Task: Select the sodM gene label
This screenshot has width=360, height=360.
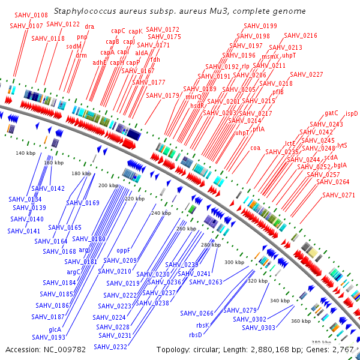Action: tap(74, 46)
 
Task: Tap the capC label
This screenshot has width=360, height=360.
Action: tap(118, 31)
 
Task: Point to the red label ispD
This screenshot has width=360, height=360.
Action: tap(352, 113)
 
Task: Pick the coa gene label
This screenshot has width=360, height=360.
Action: tap(255, 148)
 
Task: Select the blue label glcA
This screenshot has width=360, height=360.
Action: tap(55, 329)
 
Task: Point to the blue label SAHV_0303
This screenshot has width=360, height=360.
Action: tap(259, 328)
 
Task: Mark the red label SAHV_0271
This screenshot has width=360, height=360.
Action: tap(338, 195)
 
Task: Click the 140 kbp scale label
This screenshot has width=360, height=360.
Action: tap(25, 154)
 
